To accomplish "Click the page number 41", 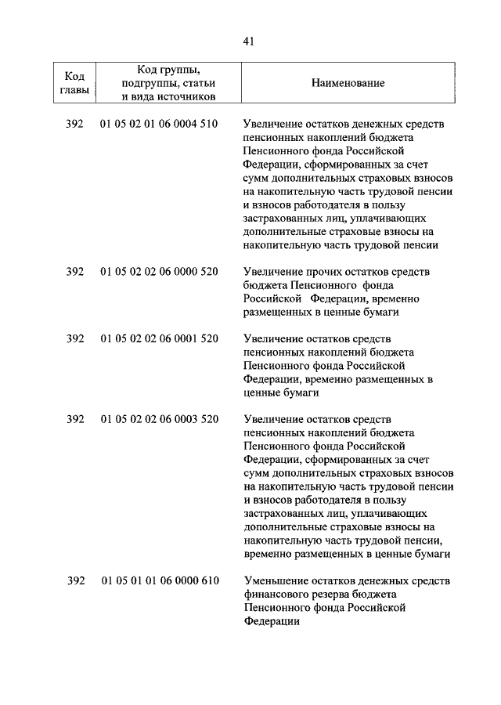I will coord(250,41).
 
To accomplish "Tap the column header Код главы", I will coord(74,83).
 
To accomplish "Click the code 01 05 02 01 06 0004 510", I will coord(159,124).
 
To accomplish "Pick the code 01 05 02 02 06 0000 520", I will coord(159,271).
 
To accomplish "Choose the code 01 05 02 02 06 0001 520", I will coord(159,338).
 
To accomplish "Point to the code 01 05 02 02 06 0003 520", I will coord(159,419).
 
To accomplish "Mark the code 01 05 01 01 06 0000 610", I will coord(159,580).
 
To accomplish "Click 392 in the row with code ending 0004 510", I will coord(75,124).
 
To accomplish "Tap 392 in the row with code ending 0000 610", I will coord(75,580).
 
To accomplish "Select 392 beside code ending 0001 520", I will coord(75,338).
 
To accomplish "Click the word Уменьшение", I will coord(275,580).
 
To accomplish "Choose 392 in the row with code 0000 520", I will coord(75,271).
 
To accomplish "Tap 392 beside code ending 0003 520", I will coord(75,419).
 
